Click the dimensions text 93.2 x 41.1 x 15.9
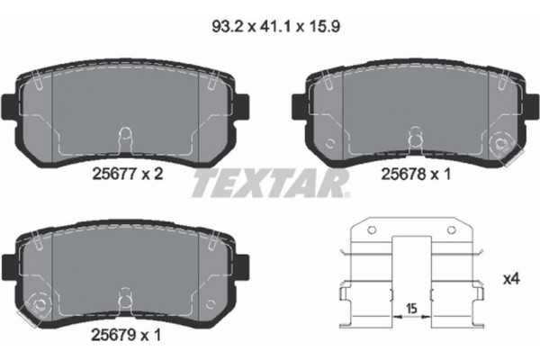click(x=270, y=27)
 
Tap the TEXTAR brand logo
click(x=270, y=184)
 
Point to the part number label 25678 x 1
click(x=415, y=175)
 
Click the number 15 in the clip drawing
click(x=410, y=310)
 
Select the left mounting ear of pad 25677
click(x=10, y=102)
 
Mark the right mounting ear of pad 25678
click(x=528, y=102)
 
